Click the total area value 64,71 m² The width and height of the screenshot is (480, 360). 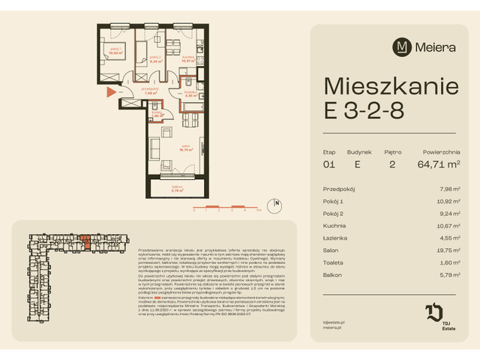pyautogui.click(x=437, y=164)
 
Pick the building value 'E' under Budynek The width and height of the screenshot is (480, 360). pyautogui.click(x=358, y=164)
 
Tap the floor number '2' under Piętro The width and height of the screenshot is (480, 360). pyautogui.click(x=392, y=164)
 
